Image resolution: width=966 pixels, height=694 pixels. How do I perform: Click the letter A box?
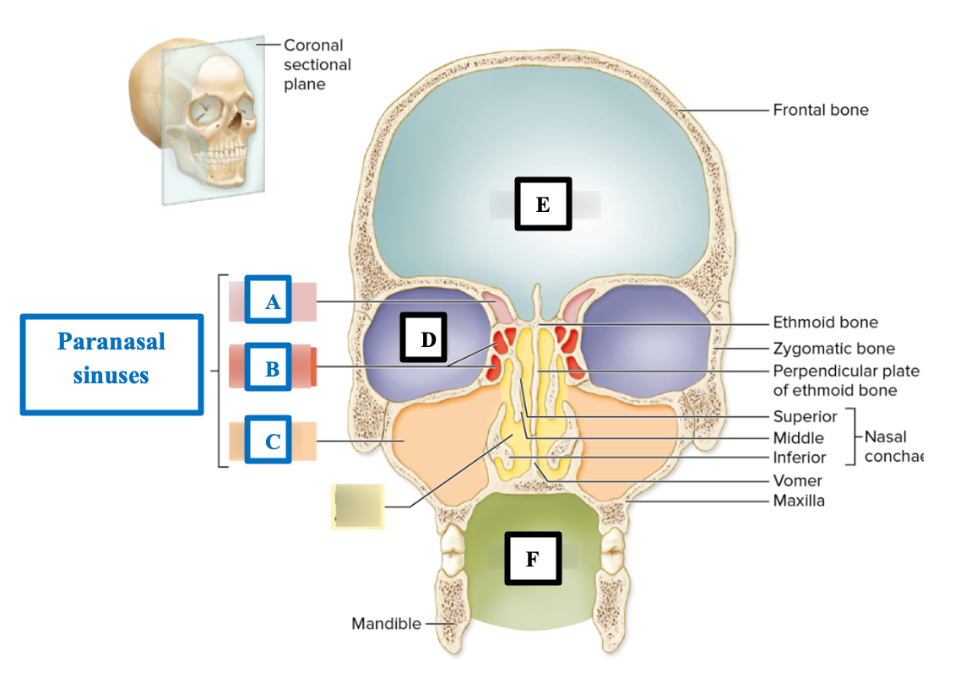[268, 299]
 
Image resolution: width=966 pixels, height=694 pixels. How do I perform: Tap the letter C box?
[268, 439]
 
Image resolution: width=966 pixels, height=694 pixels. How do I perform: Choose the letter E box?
[543, 203]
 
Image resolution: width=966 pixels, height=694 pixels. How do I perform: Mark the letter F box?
[532, 558]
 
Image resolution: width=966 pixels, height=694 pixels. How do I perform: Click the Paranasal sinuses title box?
[111, 364]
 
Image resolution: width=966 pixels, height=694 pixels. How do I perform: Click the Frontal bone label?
[820, 110]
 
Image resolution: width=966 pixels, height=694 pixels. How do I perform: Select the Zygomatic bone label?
[833, 348]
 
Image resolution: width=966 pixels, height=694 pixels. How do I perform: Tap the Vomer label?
[797, 480]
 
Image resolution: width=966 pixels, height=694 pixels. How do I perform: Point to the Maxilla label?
[799, 501]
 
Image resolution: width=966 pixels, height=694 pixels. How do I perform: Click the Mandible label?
[386, 624]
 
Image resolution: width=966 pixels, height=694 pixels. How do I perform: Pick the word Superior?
[805, 416]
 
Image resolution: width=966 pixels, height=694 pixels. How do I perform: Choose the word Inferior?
[800, 458]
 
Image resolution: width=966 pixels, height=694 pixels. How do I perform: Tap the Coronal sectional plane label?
[317, 64]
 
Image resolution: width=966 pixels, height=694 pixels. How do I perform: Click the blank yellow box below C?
[357, 507]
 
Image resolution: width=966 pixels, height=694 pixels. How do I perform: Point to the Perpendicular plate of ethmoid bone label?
[845, 380]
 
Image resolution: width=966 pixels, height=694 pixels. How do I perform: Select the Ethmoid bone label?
[825, 322]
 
